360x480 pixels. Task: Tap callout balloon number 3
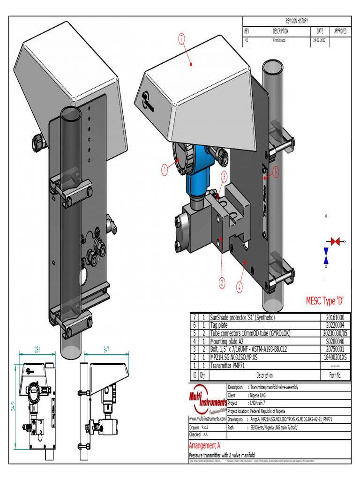pyautogui.click(x=224, y=176)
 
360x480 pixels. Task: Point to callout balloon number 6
pyautogui.click(x=276, y=172)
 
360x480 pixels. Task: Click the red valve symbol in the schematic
pyautogui.click(x=335, y=241)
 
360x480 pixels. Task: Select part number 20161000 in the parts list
pyautogui.click(x=335, y=317)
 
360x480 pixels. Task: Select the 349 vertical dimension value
pyautogui.click(x=13, y=407)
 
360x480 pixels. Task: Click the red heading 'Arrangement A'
pyautogui.click(x=204, y=445)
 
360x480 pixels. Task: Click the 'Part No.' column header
pyautogui.click(x=335, y=375)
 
